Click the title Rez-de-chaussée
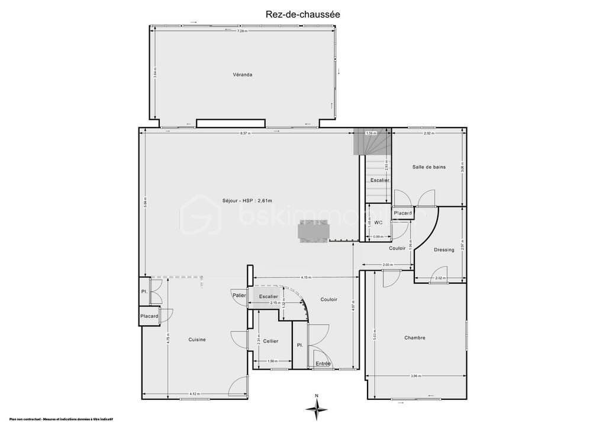point(302,14)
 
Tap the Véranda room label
point(243,75)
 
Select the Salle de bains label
point(429,167)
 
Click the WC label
point(378,222)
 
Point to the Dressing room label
point(444,250)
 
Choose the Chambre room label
point(415,338)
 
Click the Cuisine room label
point(197,340)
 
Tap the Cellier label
point(271,341)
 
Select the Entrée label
point(323,363)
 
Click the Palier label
point(239,295)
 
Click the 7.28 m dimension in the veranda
point(241,31)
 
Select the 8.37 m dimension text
point(246,134)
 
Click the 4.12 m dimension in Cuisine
point(195,393)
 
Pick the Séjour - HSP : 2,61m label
point(247,200)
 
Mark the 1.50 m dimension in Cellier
point(272,361)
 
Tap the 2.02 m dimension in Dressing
point(439,278)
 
